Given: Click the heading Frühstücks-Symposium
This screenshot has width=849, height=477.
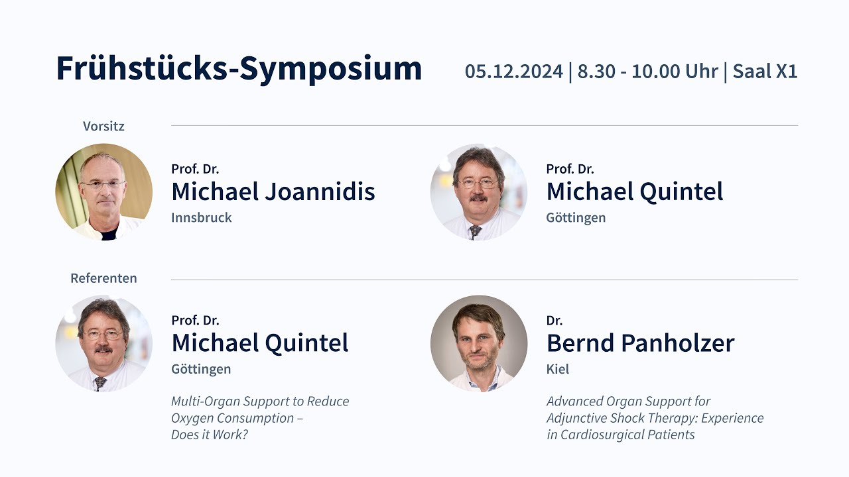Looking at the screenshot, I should (239, 69).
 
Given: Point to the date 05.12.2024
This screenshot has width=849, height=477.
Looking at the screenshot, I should (513, 72).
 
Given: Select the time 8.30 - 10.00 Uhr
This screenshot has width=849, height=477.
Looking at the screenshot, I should (647, 72).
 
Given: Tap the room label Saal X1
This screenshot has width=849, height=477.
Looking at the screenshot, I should (765, 72).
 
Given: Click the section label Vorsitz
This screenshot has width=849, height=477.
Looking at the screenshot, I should (103, 126).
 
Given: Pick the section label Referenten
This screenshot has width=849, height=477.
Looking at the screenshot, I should (103, 278).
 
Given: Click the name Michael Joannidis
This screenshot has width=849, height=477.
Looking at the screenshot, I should (273, 192).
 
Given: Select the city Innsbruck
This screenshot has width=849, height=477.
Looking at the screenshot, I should (201, 218).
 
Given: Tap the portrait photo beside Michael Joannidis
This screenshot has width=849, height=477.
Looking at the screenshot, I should (103, 192).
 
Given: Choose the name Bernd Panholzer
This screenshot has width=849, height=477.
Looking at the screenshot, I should (640, 343).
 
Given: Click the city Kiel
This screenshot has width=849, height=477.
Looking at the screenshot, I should (557, 369).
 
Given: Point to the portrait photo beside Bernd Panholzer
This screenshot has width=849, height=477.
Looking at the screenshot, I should (478, 343).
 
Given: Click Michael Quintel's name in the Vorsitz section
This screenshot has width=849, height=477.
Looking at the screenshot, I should (634, 192).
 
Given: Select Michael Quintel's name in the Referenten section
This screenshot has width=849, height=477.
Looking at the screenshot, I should (259, 343).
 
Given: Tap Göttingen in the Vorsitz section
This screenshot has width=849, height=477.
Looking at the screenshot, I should (575, 218).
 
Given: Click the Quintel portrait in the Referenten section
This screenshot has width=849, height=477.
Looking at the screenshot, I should (103, 343).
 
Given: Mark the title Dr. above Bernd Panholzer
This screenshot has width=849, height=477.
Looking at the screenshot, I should (554, 321).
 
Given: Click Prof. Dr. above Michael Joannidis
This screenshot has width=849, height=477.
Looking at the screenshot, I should (195, 169).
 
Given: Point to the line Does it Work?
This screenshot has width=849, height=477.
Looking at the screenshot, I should (209, 435).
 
